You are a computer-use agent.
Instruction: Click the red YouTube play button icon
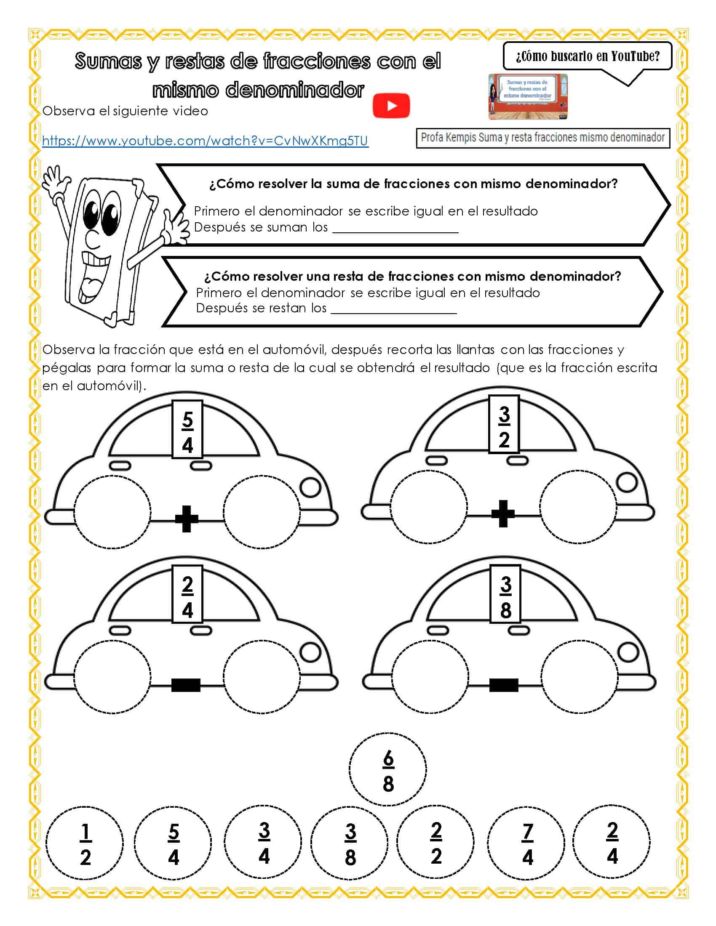[x=391, y=105]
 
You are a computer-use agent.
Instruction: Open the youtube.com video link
[x=205, y=141]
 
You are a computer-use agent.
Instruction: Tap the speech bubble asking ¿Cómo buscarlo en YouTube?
[x=588, y=56]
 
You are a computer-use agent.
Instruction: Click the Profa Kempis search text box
[x=542, y=138]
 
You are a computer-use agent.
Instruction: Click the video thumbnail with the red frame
[x=528, y=97]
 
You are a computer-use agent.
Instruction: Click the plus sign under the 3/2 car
[x=503, y=514]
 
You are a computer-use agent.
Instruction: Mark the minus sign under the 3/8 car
[x=503, y=685]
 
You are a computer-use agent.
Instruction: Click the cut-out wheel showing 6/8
[x=387, y=769]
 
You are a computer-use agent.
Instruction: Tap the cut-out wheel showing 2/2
[x=435, y=842]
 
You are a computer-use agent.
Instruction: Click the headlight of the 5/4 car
[x=310, y=487]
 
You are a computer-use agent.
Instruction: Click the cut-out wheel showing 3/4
[x=263, y=842]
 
